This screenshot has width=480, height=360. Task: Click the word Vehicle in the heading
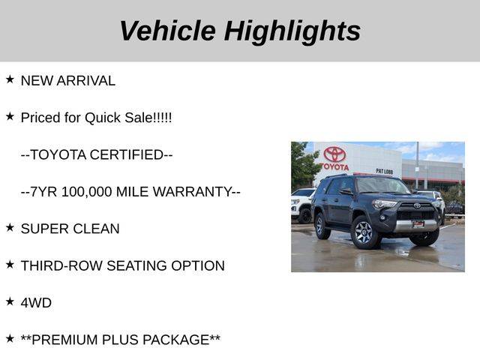(168, 31)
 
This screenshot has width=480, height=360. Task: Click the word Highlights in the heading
(292, 32)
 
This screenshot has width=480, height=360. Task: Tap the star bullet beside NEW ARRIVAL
(10, 79)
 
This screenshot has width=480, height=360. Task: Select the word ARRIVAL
(86, 81)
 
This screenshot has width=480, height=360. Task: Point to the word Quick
(103, 118)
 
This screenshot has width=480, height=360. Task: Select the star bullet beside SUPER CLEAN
(10, 227)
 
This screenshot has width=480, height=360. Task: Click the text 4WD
(36, 303)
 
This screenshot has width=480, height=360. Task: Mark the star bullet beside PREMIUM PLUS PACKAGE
(10, 338)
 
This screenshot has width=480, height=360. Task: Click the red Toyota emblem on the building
(334, 154)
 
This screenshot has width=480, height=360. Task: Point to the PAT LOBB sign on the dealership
(385, 172)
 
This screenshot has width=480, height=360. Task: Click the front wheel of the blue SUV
(364, 232)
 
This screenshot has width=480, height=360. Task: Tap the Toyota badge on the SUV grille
(417, 205)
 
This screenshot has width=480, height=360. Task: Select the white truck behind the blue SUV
(302, 205)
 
